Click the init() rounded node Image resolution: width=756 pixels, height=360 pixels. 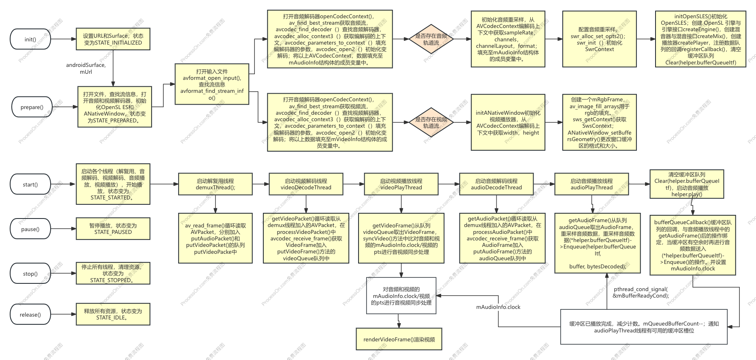point(30,39)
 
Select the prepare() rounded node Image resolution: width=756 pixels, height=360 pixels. point(32,107)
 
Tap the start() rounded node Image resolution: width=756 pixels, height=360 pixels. point(30,184)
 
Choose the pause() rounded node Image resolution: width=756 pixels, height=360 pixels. point(30,229)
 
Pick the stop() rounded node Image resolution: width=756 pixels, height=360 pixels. point(30,274)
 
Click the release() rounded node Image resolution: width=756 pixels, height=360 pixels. point(30,315)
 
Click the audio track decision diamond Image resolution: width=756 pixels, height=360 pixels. point(431,39)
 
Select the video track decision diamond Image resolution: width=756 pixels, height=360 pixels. point(431,122)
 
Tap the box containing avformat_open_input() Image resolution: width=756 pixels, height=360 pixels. point(212,84)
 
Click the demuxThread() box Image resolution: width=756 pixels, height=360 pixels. point(215,184)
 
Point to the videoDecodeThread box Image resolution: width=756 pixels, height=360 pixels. point(306,184)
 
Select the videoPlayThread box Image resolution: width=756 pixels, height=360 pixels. point(401,184)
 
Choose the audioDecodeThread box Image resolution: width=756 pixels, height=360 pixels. point(496,184)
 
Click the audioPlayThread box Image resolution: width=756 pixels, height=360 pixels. point(592,184)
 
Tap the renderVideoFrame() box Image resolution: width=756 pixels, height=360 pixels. point(399,339)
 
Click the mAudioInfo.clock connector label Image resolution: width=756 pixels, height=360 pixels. point(498,307)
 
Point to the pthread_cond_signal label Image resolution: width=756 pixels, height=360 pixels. point(641,292)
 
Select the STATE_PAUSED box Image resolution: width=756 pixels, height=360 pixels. point(113,229)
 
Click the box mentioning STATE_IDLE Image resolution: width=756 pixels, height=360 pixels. point(113,314)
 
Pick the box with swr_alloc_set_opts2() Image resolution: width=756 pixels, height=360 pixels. point(599,39)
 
